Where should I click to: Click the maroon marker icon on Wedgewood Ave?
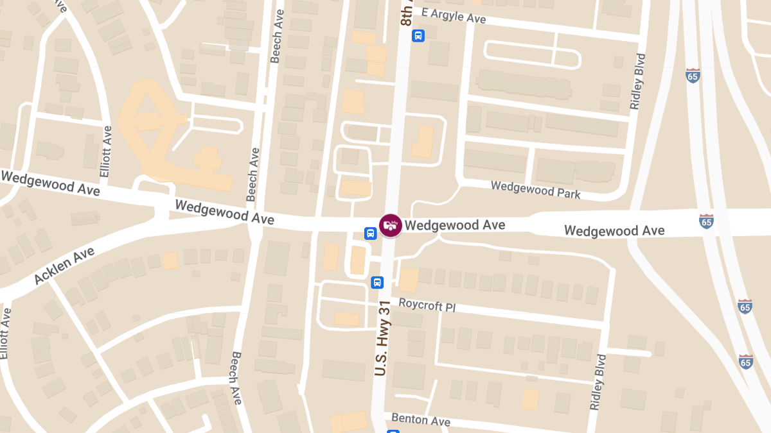[x=390, y=225]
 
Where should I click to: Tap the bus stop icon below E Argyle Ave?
[x=418, y=35]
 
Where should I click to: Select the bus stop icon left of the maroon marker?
[x=371, y=233]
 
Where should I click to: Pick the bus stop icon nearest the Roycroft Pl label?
[x=377, y=282]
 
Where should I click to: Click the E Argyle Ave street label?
[x=454, y=15]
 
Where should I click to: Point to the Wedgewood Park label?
[x=535, y=189]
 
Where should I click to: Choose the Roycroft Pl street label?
[x=427, y=304]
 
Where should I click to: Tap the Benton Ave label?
[x=421, y=420]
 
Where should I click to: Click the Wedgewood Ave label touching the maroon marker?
[x=455, y=225]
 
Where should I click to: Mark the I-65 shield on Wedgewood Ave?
[x=706, y=221]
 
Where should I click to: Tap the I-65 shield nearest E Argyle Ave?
[x=693, y=75]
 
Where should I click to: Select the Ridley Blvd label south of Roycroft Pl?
[x=598, y=382]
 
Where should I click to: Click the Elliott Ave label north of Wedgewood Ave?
[x=106, y=151]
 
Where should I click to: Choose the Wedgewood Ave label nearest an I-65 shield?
[x=614, y=230]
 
